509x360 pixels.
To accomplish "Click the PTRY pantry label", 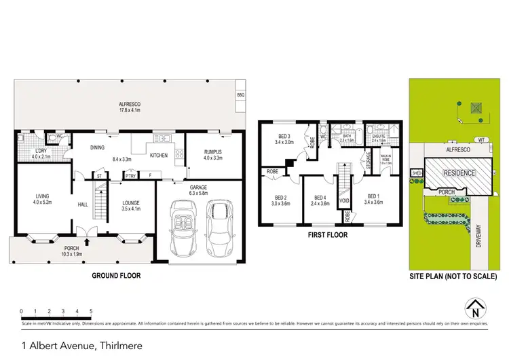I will tap(129, 177).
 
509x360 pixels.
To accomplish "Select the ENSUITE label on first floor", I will tap(375, 137).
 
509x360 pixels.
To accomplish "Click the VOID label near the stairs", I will tap(345, 201).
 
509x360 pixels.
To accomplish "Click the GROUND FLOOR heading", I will tap(116, 276).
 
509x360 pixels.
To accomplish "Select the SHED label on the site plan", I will tap(415, 173).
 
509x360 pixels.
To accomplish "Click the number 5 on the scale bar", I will tap(91, 311).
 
